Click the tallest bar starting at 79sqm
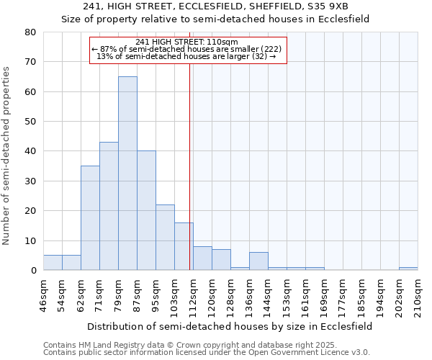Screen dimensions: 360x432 [x=127, y=173]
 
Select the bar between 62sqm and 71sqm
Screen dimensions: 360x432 [x=90, y=218]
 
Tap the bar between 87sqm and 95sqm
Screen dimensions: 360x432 [x=146, y=210]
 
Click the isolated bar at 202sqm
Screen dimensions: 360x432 [x=408, y=269]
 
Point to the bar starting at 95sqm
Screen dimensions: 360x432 [x=165, y=238]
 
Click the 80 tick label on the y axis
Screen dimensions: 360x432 [x=30, y=32]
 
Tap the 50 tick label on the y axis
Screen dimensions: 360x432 [x=30, y=122]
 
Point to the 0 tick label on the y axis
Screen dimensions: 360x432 [x=32, y=271]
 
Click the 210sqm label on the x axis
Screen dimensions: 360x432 [x=418, y=295]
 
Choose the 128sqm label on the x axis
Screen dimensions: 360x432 [x=230, y=295]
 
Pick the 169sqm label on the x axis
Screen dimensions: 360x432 [x=324, y=295]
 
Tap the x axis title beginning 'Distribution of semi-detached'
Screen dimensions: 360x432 [x=230, y=326]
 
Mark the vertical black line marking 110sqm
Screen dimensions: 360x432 [x=189, y=166]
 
